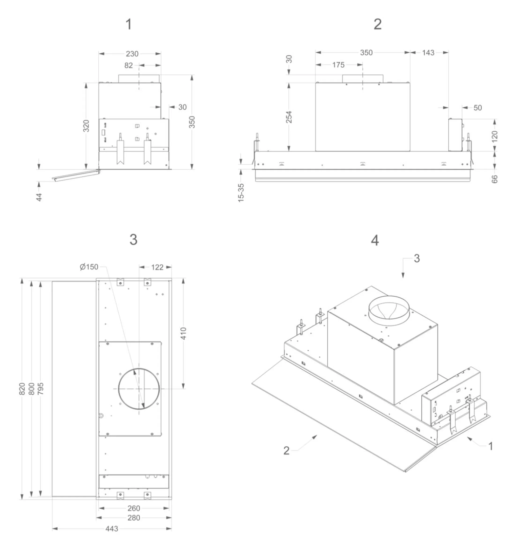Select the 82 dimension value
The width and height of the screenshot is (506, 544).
(x=128, y=66)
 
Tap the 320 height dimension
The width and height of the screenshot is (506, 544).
(x=86, y=126)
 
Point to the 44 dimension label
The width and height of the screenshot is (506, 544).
(x=39, y=197)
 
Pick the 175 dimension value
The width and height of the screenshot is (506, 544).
(x=338, y=65)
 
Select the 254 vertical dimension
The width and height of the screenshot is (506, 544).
(x=289, y=117)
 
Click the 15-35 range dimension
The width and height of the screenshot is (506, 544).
(x=241, y=193)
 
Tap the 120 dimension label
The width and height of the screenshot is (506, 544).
(x=495, y=136)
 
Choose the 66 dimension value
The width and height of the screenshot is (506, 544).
(x=495, y=179)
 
